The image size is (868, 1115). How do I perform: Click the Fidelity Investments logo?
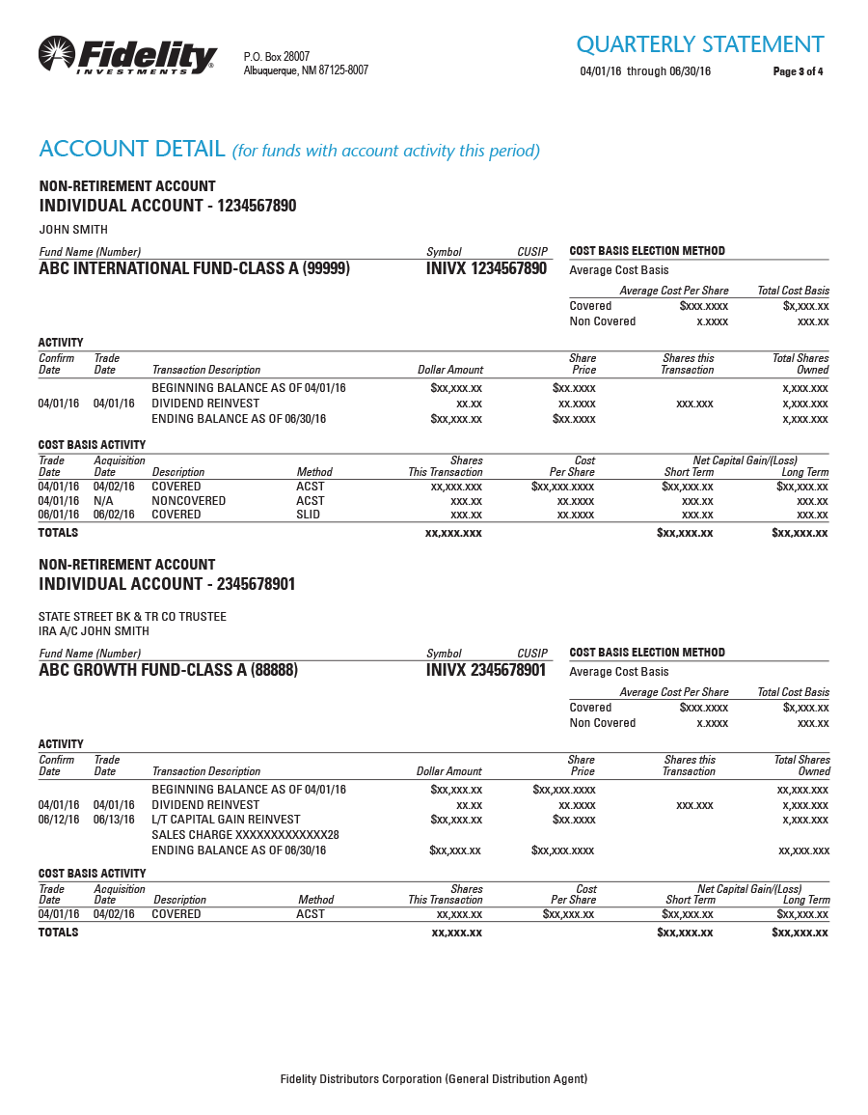(x=127, y=55)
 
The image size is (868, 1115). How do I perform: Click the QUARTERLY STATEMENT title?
(x=699, y=44)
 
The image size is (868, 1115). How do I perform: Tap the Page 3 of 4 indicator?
(x=798, y=71)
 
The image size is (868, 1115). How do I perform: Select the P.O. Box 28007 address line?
(x=277, y=57)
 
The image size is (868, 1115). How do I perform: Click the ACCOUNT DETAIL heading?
(x=132, y=150)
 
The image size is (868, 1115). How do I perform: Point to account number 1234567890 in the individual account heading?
(x=257, y=206)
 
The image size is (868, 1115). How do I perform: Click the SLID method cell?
(x=310, y=515)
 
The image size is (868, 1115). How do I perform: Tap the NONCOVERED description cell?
(x=188, y=501)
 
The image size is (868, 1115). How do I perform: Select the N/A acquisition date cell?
(x=103, y=501)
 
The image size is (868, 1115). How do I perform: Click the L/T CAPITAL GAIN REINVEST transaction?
(x=226, y=820)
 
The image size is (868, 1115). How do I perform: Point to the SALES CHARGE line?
(x=245, y=835)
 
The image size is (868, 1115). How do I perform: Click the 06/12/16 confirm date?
(x=58, y=820)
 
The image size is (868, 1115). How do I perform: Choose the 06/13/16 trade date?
(x=114, y=820)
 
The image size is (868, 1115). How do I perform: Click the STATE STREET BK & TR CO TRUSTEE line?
(x=132, y=617)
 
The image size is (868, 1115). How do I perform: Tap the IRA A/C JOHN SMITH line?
(x=94, y=631)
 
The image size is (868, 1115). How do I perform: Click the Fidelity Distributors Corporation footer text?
(x=433, y=1079)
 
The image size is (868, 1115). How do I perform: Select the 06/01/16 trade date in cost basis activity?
(x=58, y=515)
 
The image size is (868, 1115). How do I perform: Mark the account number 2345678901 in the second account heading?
(x=257, y=584)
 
